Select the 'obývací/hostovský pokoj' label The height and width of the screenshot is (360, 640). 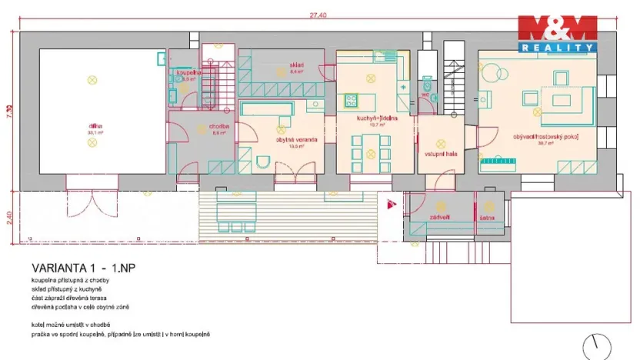tap(546, 136)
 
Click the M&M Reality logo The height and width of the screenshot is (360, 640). tap(557, 34)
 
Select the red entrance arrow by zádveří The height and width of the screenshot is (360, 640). tap(392, 205)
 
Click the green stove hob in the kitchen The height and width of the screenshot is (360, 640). tap(352, 98)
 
